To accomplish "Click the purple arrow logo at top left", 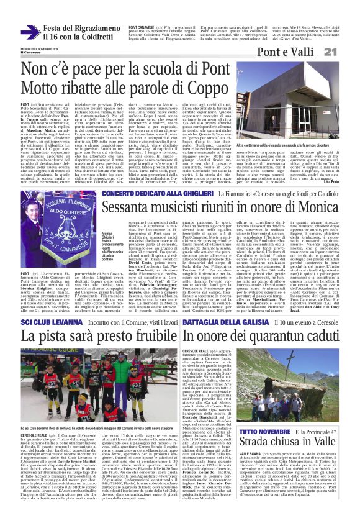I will pos(30,32).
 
